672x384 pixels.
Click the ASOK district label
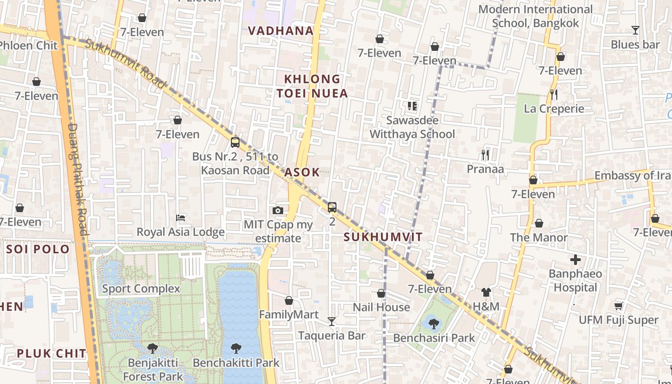pyautogui.click(x=301, y=172)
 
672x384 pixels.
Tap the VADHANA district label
pyautogui.click(x=281, y=31)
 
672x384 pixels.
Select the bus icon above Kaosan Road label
pyautogui.click(x=235, y=142)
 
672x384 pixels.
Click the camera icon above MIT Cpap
pyautogui.click(x=277, y=210)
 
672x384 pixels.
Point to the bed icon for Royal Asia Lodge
pyautogui.click(x=180, y=218)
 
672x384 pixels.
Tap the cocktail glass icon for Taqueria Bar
pyautogui.click(x=332, y=321)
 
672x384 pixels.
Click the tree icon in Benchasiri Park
pyautogui.click(x=433, y=324)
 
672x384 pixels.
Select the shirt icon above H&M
pyautogui.click(x=486, y=292)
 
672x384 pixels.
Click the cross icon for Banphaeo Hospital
pyautogui.click(x=575, y=260)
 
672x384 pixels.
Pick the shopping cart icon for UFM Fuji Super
pyautogui.click(x=618, y=306)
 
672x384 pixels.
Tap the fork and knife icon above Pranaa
pyautogui.click(x=485, y=155)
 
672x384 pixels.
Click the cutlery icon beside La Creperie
pyautogui.click(x=554, y=94)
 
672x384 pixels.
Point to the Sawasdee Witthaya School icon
pyautogui.click(x=412, y=106)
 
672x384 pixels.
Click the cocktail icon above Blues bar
pyautogui.click(x=635, y=30)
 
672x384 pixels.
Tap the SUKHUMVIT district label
pyautogui.click(x=383, y=237)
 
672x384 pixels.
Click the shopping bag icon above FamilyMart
pyautogui.click(x=289, y=300)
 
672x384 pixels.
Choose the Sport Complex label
pyautogui.click(x=141, y=288)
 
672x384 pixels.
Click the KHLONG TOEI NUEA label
pyautogui.click(x=312, y=86)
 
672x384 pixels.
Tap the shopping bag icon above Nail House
pyautogui.click(x=381, y=293)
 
